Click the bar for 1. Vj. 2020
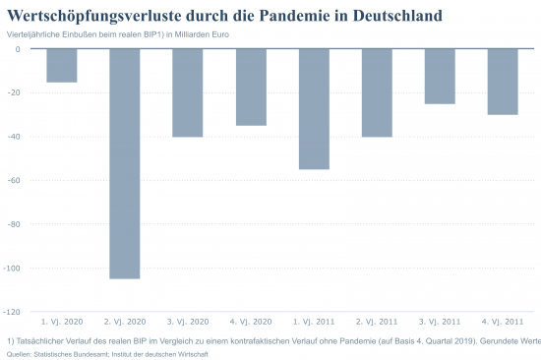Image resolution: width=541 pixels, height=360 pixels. (62, 65)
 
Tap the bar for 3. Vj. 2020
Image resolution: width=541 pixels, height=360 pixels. (188, 92)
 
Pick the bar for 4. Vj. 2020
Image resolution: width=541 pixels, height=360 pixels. (251, 87)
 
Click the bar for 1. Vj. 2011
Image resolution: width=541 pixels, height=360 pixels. (314, 109)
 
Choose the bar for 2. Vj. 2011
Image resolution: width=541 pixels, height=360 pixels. (377, 92)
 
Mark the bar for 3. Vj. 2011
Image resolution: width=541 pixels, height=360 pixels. (440, 76)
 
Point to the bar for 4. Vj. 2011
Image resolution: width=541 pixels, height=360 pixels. (503, 82)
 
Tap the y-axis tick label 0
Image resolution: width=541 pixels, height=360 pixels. (19, 49)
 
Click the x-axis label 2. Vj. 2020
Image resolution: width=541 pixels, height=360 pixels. (125, 322)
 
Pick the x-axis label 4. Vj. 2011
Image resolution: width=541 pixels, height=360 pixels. (503, 322)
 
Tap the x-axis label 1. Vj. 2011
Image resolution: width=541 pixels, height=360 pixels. (314, 322)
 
